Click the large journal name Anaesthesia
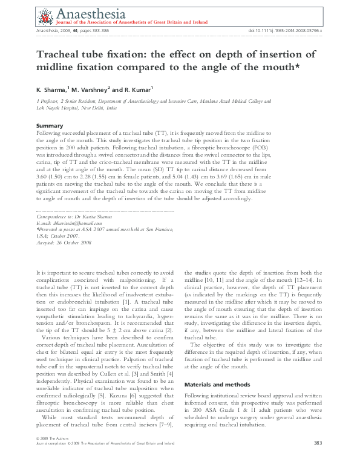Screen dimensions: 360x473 90,13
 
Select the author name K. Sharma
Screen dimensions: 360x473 51,90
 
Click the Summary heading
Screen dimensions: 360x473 50,125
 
